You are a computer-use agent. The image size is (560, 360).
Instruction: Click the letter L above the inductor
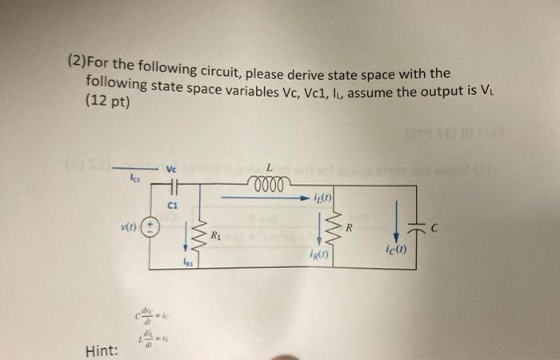(x=270, y=167)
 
